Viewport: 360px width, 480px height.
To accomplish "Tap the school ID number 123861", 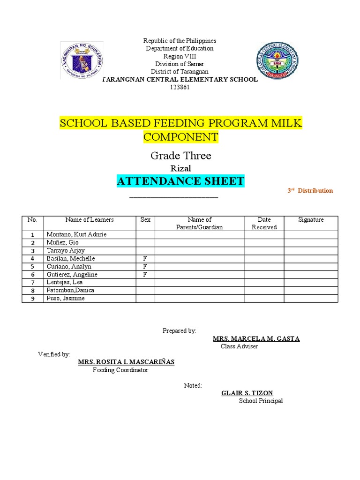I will coord(180,87).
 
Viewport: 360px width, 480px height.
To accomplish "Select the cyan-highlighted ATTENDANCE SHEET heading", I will coord(180,181).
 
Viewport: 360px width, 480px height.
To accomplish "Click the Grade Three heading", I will coord(180,156).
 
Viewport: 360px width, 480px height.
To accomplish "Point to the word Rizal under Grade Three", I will coord(180,168).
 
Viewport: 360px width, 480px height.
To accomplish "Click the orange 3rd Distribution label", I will coord(310,191).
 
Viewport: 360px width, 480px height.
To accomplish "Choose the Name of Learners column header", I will coord(90,219).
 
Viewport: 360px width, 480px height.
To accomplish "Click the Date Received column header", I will coord(264,223).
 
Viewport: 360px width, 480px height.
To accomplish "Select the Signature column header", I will coord(311,219).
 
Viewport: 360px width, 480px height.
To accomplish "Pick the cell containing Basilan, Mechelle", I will coord(70,258).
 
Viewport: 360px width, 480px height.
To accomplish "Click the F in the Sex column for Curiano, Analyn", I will coord(145,266).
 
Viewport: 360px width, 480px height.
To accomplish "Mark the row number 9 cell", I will coord(33,299).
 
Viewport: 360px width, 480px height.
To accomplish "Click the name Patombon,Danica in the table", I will coord(70,290).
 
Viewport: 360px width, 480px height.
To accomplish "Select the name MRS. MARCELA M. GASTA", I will coord(256,338).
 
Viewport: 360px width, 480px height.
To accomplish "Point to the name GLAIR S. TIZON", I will coord(247,393).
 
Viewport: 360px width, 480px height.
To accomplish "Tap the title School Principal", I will coord(261,401).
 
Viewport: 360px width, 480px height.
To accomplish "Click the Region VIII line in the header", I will coord(180,56).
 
